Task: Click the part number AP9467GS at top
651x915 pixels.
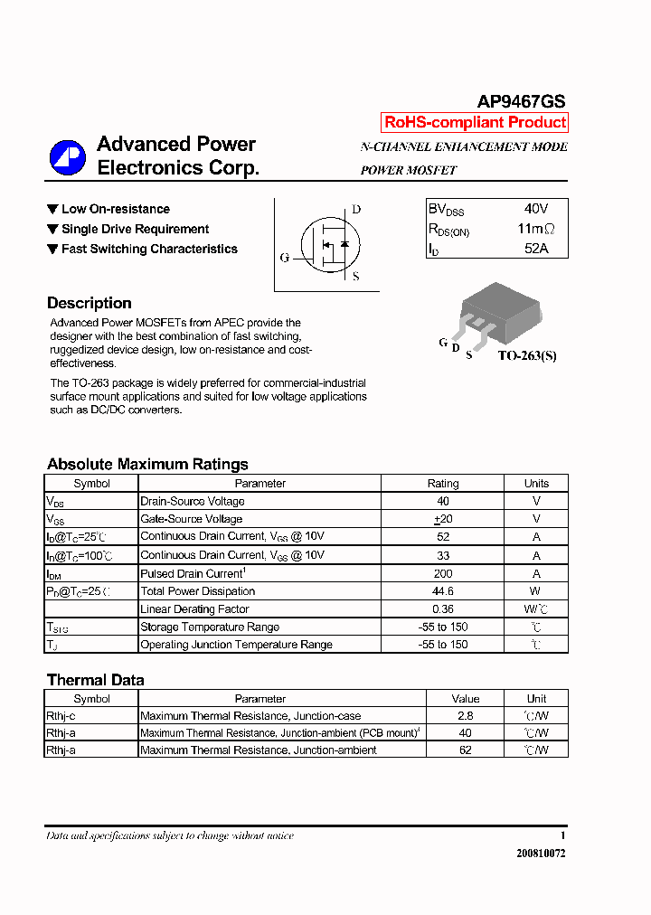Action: pos(521,103)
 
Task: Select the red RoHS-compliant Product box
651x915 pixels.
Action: pos(475,122)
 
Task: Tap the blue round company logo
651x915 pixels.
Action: pos(67,157)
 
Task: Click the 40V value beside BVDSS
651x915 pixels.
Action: pos(535,209)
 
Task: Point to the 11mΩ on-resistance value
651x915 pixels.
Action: pos(535,229)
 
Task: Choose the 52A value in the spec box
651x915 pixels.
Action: pos(535,248)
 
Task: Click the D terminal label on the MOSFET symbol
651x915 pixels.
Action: pos(356,210)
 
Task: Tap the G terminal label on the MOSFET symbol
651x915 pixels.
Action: pos(285,258)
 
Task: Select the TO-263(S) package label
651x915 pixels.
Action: pos(527,355)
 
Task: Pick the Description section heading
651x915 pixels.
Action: pos(90,304)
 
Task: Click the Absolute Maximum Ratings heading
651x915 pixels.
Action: pos(147,464)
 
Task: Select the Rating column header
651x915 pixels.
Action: pos(443,484)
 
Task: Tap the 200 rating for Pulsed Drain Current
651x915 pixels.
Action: pos(443,573)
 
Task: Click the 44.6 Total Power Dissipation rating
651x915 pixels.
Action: pos(443,591)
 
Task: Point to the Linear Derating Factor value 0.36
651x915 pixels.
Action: pos(443,609)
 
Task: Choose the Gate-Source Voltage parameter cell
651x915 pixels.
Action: pos(192,519)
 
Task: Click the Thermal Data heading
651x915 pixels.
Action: pos(95,680)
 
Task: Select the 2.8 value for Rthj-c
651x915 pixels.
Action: pos(465,716)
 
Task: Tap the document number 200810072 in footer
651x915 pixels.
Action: pos(541,853)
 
